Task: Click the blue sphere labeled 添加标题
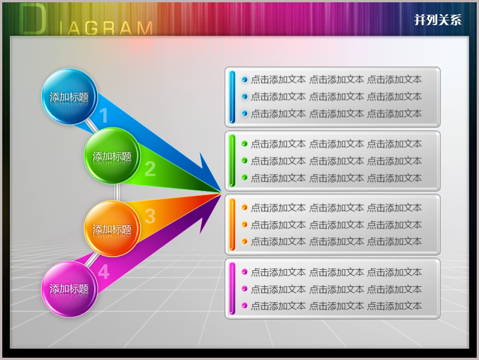tap(70, 97)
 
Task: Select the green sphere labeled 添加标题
tap(112, 156)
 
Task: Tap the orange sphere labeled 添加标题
tap(112, 229)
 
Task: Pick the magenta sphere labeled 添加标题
tap(70, 289)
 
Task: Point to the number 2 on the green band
tap(150, 169)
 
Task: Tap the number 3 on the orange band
tap(150, 216)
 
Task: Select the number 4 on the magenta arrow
tap(103, 272)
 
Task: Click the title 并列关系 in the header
tap(438, 20)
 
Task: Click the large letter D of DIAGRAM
tap(33, 19)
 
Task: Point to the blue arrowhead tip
tap(221, 192)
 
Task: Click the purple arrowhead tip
tap(221, 194)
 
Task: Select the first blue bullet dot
tap(245, 79)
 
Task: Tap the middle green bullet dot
tap(245, 161)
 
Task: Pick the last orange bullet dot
tap(245, 241)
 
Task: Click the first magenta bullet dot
tap(245, 271)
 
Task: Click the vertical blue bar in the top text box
tap(232, 97)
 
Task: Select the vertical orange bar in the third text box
tap(232, 225)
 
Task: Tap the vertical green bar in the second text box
tap(232, 161)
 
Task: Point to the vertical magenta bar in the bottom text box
tap(232, 288)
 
